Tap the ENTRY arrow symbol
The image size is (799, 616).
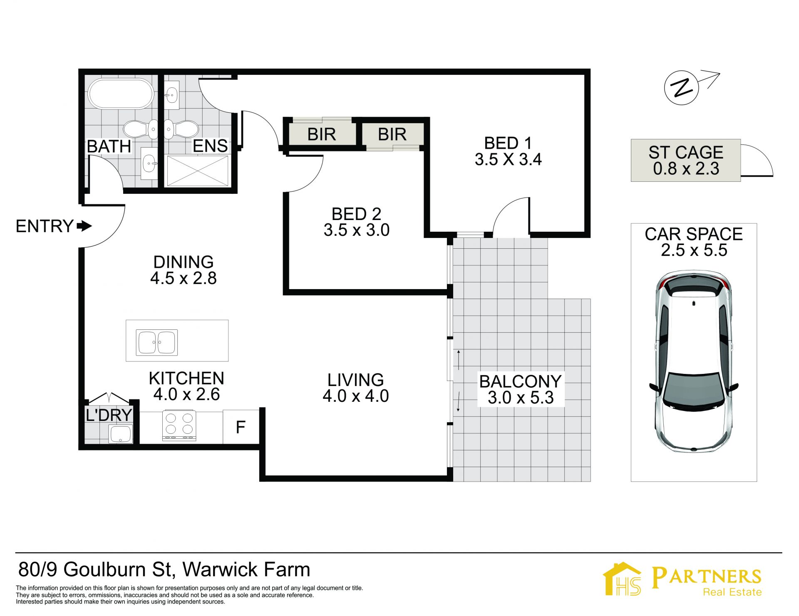(84, 226)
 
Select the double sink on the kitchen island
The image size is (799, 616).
(157, 342)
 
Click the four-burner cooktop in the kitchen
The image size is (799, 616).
(179, 425)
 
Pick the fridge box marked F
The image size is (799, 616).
(241, 427)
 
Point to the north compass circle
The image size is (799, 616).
(681, 88)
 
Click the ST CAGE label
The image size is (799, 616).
(686, 152)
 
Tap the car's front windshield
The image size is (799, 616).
(694, 389)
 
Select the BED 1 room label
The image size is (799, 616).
(508, 143)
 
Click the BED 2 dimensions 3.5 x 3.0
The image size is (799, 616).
(357, 230)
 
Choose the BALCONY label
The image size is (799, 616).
(521, 381)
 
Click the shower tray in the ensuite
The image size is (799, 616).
(198, 171)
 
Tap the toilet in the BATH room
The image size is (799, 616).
(141, 129)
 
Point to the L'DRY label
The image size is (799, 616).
(109, 415)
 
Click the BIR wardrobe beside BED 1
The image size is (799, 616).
(392, 134)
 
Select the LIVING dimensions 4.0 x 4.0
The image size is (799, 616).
(356, 396)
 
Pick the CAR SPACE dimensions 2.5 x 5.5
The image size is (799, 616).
(694, 250)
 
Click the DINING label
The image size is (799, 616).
(184, 262)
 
